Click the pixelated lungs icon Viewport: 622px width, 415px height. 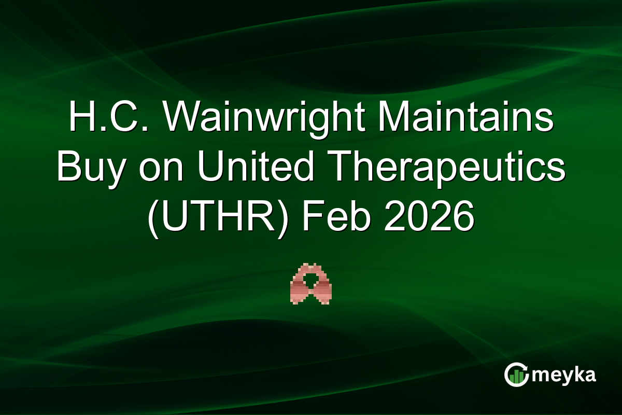tap(311, 283)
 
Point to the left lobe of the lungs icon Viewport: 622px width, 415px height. tap(300, 288)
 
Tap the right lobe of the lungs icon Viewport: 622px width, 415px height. tap(322, 288)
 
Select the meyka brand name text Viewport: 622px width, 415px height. tap(564, 375)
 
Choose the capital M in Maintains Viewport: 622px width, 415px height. tap(392, 119)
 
